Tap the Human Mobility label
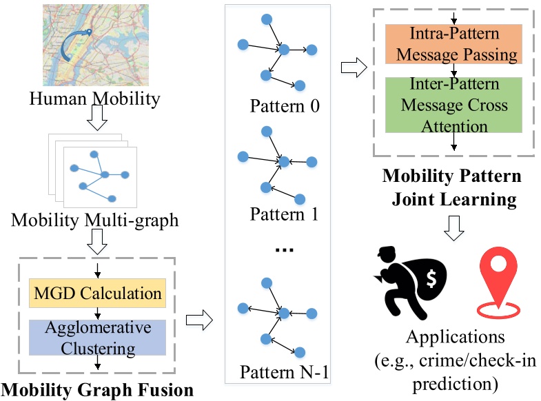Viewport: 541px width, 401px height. (x=94, y=99)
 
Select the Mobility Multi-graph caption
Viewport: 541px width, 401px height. (x=94, y=220)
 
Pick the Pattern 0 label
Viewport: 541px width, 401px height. (x=285, y=107)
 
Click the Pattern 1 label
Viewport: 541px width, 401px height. (x=284, y=214)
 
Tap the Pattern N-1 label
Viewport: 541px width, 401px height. (x=284, y=373)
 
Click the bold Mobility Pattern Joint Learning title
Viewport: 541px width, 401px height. (x=453, y=187)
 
